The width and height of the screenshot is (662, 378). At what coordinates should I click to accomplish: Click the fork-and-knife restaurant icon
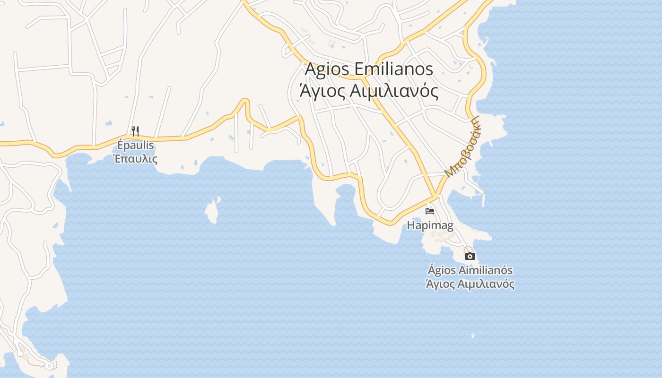point(135,131)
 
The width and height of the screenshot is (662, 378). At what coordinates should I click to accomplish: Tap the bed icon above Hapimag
point(430,211)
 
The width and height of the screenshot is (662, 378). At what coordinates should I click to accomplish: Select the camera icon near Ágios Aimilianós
point(470,256)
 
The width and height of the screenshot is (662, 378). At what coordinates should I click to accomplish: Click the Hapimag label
point(430,226)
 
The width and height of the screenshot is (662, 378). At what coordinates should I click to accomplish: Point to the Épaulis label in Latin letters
point(136,145)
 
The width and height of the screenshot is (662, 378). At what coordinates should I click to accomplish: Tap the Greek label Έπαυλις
point(136,158)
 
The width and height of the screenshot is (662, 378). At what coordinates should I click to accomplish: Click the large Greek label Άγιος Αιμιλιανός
point(369,90)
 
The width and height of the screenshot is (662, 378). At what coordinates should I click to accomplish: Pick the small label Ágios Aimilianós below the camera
point(470,270)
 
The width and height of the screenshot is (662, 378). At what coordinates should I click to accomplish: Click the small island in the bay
point(212,210)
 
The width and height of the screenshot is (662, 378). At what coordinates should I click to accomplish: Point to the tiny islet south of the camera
point(472,336)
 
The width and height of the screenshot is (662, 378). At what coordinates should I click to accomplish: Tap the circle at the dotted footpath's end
point(49,366)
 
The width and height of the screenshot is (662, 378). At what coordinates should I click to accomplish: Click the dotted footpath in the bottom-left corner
point(35,364)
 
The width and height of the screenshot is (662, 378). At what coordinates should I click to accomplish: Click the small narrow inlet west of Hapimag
point(345,191)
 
